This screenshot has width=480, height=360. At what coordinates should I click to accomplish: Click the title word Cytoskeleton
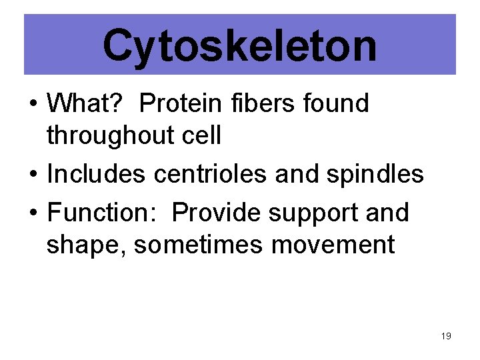[x=239, y=45]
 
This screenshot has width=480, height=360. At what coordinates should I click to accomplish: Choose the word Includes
[x=97, y=174]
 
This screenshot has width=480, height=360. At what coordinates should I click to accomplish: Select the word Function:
[x=103, y=213]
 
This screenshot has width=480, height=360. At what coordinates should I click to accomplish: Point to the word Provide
[x=217, y=213]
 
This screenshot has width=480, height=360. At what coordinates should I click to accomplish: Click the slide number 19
[x=446, y=336]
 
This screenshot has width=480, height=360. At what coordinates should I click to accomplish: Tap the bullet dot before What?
[x=31, y=105]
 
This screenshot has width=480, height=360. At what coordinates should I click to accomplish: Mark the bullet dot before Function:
[x=31, y=214]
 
